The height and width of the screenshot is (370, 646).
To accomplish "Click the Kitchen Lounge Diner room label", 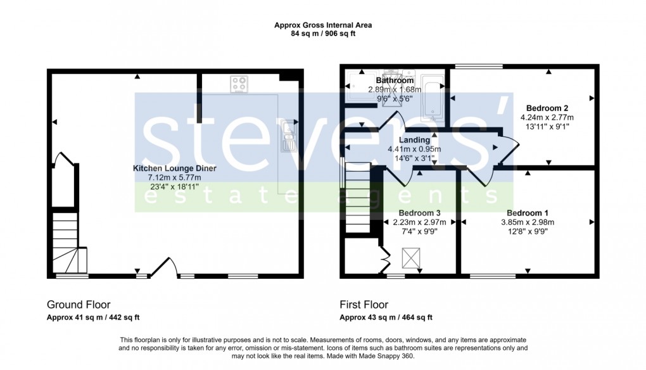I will [x=174, y=169].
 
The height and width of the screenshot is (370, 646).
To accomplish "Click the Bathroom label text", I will [x=395, y=80].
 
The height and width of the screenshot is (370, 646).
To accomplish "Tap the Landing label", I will [x=414, y=140].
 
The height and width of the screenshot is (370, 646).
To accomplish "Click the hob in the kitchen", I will [x=239, y=84].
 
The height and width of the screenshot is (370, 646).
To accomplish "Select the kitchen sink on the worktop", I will [x=289, y=136].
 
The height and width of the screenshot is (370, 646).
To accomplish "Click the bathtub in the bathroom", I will [x=433, y=99].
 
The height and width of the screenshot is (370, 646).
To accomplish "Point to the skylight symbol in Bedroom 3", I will [x=412, y=258].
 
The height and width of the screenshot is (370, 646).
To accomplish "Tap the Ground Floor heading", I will [x=79, y=305].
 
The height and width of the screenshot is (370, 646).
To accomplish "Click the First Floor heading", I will [x=364, y=305].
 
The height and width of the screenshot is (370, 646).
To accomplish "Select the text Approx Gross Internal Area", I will [x=323, y=25].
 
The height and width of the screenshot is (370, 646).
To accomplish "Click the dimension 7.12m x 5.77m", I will [x=174, y=178].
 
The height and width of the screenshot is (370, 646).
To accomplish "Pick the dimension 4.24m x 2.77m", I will [x=547, y=117].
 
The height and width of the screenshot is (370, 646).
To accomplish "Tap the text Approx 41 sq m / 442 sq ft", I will [x=93, y=317].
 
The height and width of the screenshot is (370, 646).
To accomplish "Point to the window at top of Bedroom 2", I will [x=479, y=66].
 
